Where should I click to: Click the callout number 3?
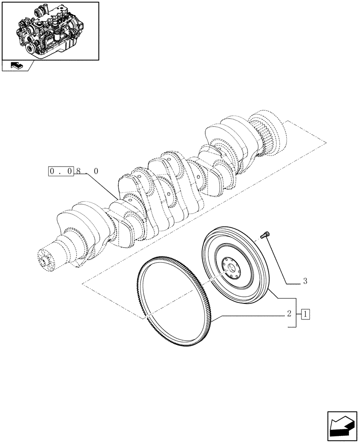click(x=305, y=281)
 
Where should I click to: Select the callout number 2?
click(x=289, y=314)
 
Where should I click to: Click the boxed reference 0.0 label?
click(x=61, y=171)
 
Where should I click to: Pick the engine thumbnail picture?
click(x=50, y=31)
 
